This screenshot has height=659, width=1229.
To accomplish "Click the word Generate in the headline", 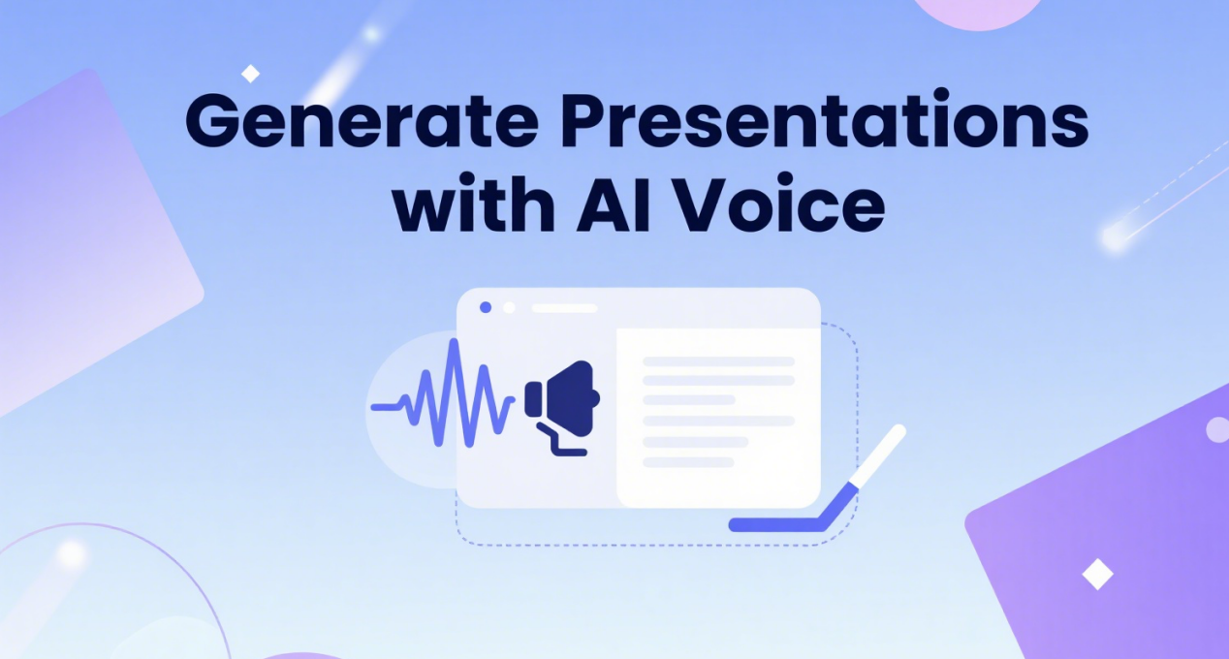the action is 362,121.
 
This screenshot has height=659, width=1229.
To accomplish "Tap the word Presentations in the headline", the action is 824,118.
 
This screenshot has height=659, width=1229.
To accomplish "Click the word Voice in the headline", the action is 778,203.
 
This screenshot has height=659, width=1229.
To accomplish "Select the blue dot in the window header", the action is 486,307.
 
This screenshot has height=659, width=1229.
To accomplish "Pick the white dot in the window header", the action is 509,307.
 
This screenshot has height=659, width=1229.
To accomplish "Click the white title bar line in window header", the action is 564,308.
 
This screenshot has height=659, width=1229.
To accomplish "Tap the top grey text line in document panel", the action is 719,361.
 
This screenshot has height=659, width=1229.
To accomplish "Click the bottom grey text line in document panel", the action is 688,462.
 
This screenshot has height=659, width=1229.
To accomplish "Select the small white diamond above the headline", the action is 251,74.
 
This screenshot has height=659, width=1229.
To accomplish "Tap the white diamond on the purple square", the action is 1098,575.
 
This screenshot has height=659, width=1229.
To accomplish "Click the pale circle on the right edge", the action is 1217,429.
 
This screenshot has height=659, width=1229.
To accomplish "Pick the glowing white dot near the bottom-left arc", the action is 72,554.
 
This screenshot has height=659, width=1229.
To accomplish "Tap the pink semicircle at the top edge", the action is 978,12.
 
